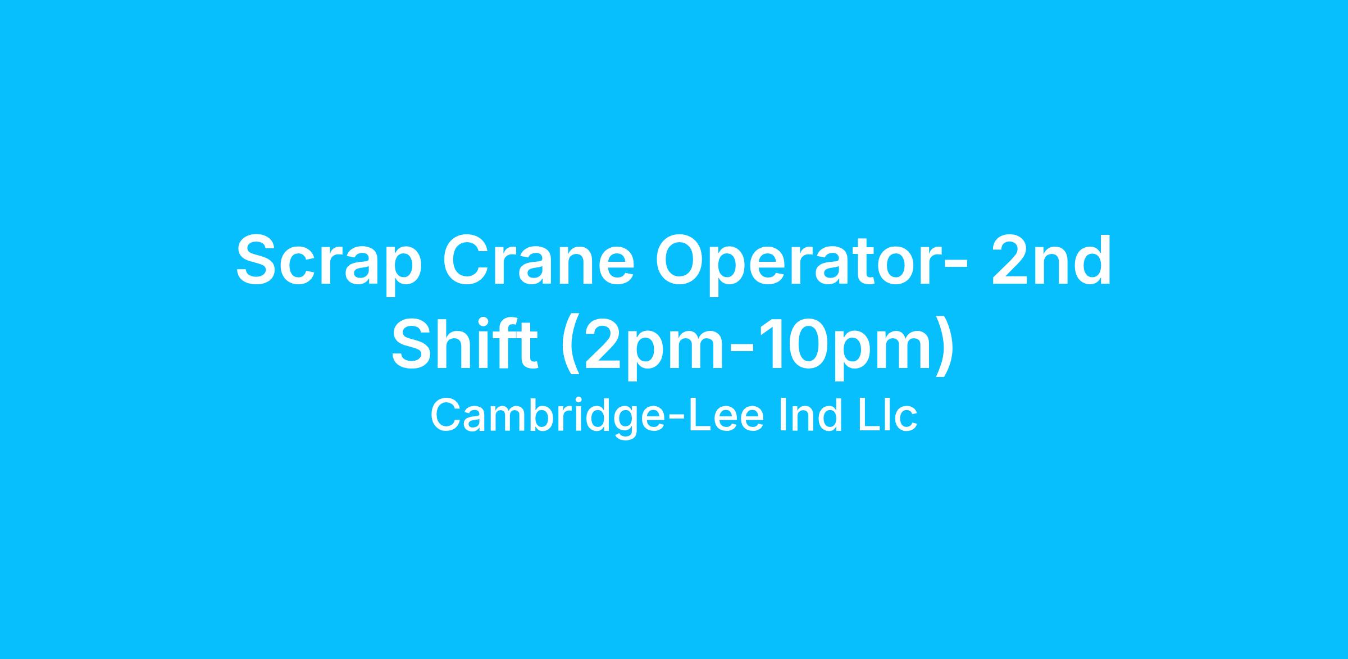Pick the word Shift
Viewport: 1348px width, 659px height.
click(x=464, y=342)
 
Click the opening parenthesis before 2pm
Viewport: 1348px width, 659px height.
click(x=570, y=346)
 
